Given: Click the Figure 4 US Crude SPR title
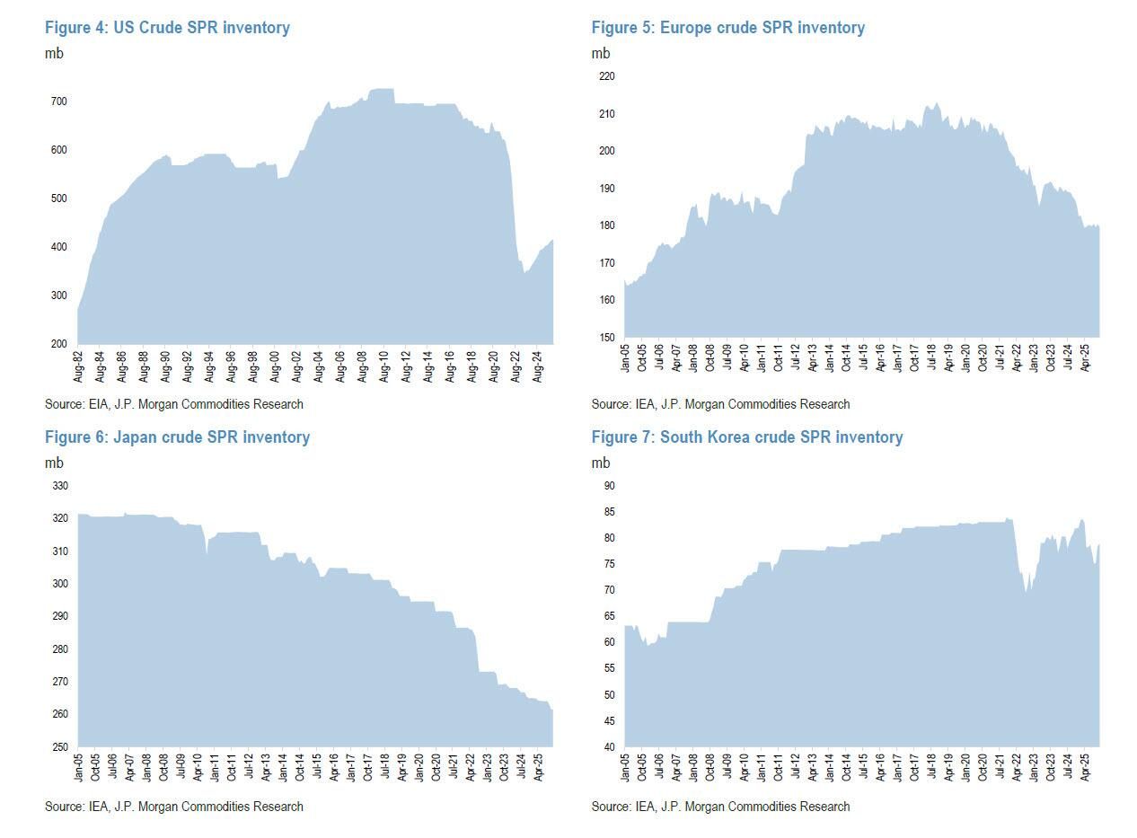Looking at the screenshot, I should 167,28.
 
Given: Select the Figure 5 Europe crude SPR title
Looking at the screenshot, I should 727,28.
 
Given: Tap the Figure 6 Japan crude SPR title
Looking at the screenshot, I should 177,437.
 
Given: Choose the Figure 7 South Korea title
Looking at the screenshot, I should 746,437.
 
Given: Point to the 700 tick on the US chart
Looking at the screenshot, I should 58,101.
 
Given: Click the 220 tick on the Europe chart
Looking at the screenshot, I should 606,76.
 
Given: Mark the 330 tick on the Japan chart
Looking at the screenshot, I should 59,486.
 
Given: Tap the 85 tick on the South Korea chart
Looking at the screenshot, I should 609,512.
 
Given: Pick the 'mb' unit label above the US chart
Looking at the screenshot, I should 54,53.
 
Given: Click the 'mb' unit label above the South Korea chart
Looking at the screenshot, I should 600,463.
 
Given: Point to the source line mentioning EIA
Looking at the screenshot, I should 173,404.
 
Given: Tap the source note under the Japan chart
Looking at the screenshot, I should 173,807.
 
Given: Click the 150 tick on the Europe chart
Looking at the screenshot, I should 606,338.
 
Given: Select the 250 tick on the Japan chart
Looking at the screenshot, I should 59,747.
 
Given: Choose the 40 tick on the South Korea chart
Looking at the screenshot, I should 609,747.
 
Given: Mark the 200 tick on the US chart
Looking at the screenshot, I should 58,344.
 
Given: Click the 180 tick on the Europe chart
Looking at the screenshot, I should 606,225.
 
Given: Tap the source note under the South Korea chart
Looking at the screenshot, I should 719,807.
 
